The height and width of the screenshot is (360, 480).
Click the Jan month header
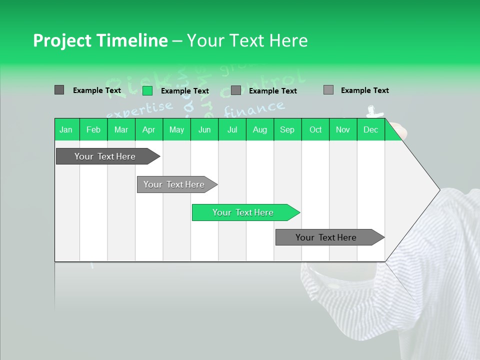point(66,129)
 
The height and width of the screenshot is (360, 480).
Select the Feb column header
point(93,129)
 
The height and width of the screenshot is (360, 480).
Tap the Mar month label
point(121,129)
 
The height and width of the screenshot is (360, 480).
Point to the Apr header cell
point(148,129)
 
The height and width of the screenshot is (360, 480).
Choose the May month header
point(176,129)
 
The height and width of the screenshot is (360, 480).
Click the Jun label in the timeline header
point(204,129)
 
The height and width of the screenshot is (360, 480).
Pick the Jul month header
point(232,129)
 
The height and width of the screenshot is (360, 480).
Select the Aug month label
point(260,129)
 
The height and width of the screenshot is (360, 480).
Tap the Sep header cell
point(287,129)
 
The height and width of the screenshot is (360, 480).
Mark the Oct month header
point(315,129)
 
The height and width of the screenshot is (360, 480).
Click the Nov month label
point(343,129)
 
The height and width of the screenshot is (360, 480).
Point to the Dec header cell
point(370,129)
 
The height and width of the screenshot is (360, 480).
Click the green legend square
point(147,90)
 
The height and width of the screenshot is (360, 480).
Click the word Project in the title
point(62,40)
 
